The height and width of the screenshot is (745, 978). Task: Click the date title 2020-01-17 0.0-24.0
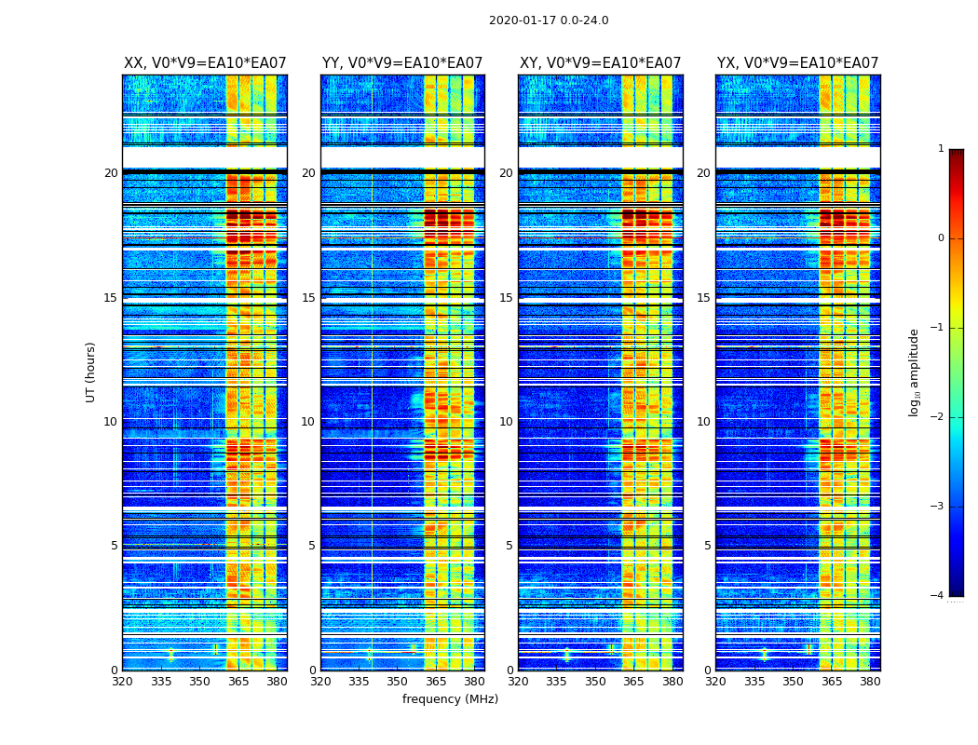click(x=549, y=20)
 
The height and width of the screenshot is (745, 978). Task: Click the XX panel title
click(x=205, y=63)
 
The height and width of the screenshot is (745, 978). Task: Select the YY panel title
click(x=402, y=63)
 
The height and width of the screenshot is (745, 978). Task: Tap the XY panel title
click(x=601, y=63)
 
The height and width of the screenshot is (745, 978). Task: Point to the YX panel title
click(x=798, y=63)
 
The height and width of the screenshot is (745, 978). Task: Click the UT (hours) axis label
click(x=91, y=372)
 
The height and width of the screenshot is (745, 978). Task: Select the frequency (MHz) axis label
click(x=450, y=699)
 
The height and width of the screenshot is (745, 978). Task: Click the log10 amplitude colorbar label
click(x=915, y=372)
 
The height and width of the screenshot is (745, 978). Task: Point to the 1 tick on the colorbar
click(x=940, y=149)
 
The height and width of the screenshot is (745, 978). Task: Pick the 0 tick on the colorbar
click(x=940, y=238)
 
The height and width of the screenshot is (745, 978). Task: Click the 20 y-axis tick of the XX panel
click(x=111, y=173)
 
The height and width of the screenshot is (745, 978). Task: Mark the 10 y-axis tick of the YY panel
click(x=308, y=422)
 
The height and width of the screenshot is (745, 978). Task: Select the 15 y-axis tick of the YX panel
click(x=704, y=298)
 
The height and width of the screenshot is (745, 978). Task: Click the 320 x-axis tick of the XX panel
click(x=122, y=682)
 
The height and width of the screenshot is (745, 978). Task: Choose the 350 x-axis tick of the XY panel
click(x=595, y=682)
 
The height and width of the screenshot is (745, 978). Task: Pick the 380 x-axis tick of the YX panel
click(x=870, y=682)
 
